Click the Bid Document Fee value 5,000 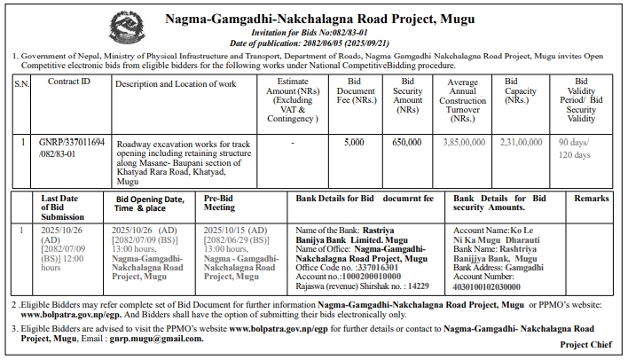point(354,141)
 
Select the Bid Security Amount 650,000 point(406,141)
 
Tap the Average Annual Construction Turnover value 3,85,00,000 point(462,141)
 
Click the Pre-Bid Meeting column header point(221,205)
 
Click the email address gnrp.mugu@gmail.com point(184,339)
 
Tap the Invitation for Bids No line point(317,32)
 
